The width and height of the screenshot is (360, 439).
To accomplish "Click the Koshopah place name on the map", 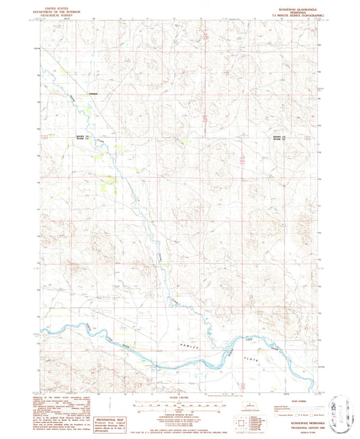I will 93,93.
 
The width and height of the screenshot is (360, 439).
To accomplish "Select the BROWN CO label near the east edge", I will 278,137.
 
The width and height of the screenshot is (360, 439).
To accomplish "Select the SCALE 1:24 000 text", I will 180,393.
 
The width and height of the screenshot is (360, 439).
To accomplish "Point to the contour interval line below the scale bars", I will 180,410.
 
